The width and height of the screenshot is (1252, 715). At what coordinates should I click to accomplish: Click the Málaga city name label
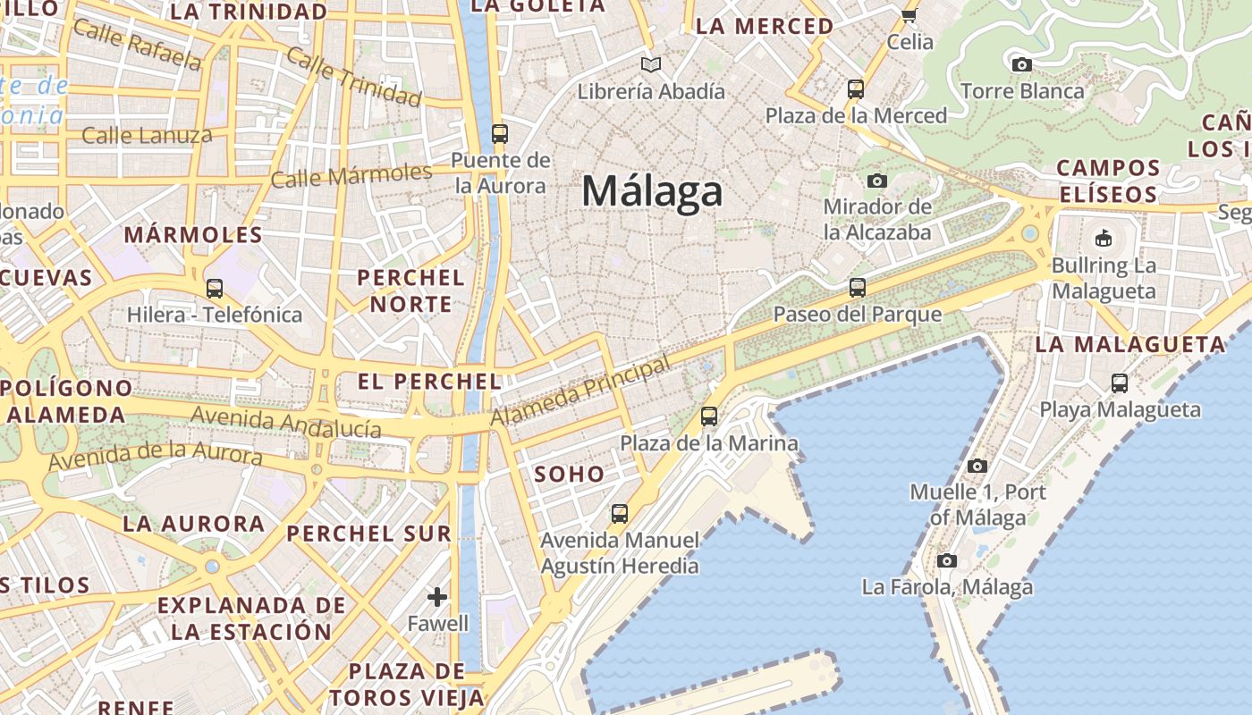pyautogui.click(x=652, y=191)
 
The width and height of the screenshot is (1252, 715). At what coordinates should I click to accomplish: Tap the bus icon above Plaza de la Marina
pyautogui.click(x=709, y=416)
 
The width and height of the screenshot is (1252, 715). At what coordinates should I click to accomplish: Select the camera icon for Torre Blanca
pyautogui.click(x=1021, y=64)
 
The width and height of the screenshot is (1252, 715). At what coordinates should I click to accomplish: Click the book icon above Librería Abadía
pyautogui.click(x=651, y=64)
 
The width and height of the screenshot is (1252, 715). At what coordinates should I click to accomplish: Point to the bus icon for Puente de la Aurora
pyautogui.click(x=500, y=134)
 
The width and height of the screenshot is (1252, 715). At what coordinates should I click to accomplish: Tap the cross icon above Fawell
pyautogui.click(x=437, y=596)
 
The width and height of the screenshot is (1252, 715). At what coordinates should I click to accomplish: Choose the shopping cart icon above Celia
pyautogui.click(x=909, y=14)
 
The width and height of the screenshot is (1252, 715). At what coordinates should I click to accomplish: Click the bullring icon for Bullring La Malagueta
pyautogui.click(x=1103, y=238)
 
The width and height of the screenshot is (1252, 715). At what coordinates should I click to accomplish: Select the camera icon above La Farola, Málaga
pyautogui.click(x=947, y=561)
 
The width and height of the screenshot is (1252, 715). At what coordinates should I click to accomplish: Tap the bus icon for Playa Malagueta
pyautogui.click(x=1120, y=383)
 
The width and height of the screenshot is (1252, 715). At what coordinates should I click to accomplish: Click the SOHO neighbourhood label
pyautogui.click(x=570, y=474)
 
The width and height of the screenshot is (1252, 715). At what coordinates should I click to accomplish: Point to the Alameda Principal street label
pyautogui.click(x=580, y=392)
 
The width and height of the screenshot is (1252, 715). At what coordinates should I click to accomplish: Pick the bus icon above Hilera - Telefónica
pyautogui.click(x=215, y=288)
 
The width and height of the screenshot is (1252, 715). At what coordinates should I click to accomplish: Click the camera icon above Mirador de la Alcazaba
pyautogui.click(x=877, y=181)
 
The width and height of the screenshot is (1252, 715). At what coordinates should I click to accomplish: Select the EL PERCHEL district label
pyautogui.click(x=429, y=382)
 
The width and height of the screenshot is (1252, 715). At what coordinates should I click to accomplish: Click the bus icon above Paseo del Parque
pyautogui.click(x=858, y=287)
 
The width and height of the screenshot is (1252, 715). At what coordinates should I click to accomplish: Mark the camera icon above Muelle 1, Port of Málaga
pyautogui.click(x=977, y=466)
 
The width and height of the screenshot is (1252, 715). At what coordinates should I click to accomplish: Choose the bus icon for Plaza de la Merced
pyautogui.click(x=856, y=88)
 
